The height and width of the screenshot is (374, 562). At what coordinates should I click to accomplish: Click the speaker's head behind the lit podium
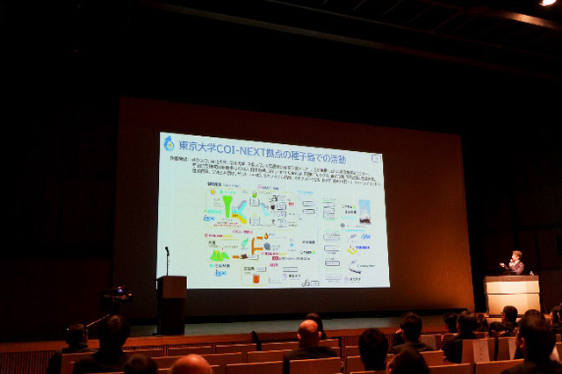(x=516, y=256)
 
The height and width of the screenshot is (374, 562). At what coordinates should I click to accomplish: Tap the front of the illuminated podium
(x=511, y=295)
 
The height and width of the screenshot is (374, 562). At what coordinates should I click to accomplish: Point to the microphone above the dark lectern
(x=167, y=252)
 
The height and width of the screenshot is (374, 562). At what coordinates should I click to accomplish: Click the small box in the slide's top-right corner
(x=376, y=159)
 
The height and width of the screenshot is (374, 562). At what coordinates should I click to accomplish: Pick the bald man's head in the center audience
(x=308, y=333)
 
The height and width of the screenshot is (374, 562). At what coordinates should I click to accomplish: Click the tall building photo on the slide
(x=364, y=212)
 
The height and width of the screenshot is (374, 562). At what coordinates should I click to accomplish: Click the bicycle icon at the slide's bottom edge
(x=310, y=283)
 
